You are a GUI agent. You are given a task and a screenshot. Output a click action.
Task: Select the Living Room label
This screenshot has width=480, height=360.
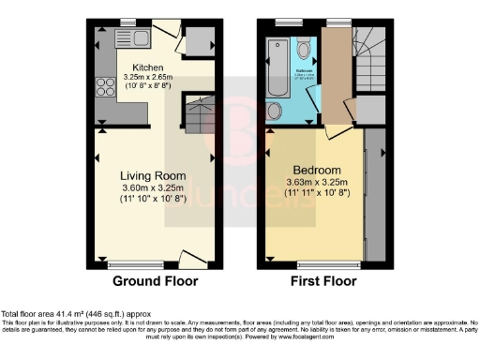152,175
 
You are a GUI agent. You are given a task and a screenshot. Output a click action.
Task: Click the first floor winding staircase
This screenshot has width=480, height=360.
368,56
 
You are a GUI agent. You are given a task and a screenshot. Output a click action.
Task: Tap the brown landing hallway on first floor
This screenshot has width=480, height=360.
335,80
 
